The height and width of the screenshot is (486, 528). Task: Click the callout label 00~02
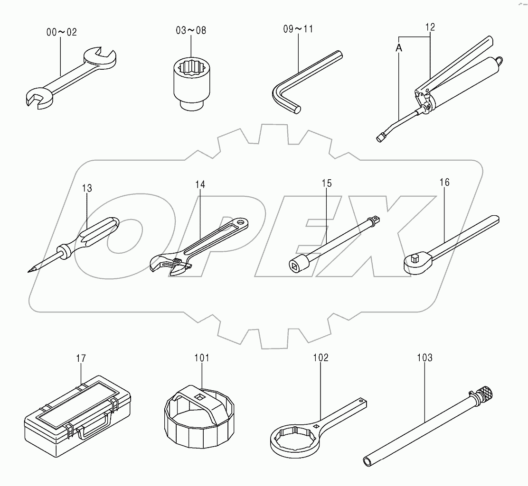coord(62,32)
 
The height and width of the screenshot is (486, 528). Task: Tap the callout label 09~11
coord(298,29)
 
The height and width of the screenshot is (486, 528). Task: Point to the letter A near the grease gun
coord(399,48)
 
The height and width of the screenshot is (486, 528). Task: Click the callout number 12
coord(430,28)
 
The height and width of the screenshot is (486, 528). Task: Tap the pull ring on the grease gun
coord(500,61)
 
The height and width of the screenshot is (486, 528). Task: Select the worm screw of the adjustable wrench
coord(177,263)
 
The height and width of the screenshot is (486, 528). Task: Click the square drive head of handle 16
coord(414,259)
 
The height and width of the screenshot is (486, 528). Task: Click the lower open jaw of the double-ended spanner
coord(37,99)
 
